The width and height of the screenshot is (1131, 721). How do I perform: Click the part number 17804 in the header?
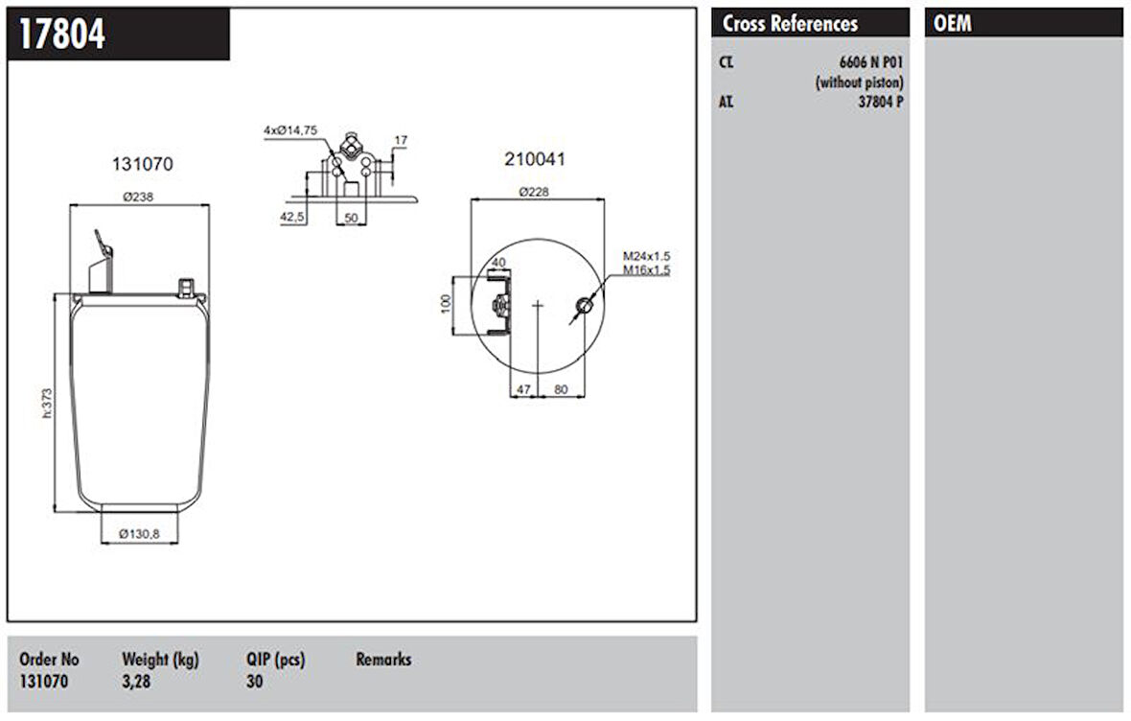[x=61, y=35]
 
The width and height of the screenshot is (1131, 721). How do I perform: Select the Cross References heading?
[x=790, y=24]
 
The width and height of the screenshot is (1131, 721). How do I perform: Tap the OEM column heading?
[x=953, y=24]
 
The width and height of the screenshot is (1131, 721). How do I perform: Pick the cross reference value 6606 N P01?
[x=871, y=62]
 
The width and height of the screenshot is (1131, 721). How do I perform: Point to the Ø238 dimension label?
[x=139, y=197]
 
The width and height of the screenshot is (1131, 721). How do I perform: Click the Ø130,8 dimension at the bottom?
[x=140, y=533]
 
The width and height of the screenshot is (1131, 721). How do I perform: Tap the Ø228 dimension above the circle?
[x=535, y=192]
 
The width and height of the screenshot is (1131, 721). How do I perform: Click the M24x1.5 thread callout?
[x=646, y=256]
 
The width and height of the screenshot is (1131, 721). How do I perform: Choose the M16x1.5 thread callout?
[x=646, y=270]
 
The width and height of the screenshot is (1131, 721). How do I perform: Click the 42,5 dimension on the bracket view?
[x=292, y=218]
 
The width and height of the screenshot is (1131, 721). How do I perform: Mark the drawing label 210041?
[x=534, y=160]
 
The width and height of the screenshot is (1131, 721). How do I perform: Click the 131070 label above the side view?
[x=142, y=164]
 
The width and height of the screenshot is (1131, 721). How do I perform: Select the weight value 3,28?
[x=136, y=682]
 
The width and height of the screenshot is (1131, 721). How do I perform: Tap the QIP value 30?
[x=254, y=682]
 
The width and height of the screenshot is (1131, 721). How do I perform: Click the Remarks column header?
[x=383, y=660]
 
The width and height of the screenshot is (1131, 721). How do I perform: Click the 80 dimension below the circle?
[x=561, y=389]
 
